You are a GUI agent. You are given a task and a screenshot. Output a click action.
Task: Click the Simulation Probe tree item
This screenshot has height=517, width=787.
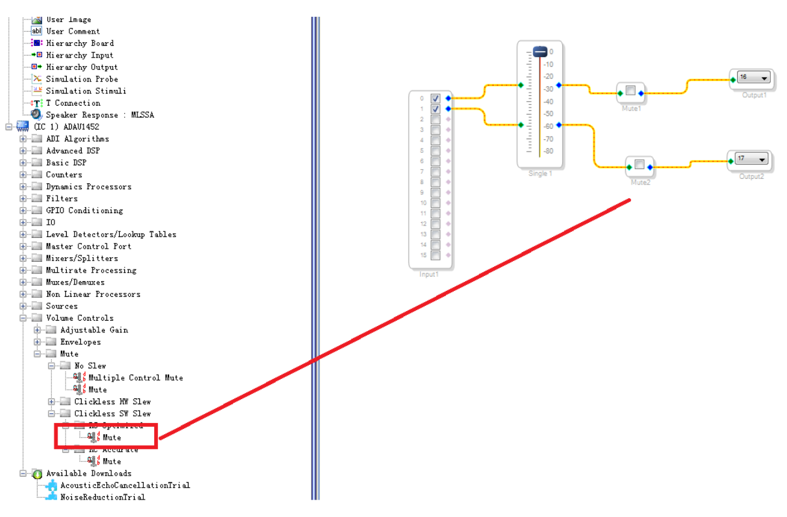pyautogui.click(x=82, y=79)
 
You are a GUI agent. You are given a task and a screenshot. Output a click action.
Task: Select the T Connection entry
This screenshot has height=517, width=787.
pyautogui.click(x=73, y=103)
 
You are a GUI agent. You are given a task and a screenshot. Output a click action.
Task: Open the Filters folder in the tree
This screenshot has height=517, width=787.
pyautogui.click(x=62, y=199)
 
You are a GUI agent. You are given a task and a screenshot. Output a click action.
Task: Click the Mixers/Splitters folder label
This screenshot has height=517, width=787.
pyautogui.click(x=82, y=258)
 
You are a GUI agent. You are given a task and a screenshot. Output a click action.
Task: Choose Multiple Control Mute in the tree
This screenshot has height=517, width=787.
pyautogui.click(x=135, y=378)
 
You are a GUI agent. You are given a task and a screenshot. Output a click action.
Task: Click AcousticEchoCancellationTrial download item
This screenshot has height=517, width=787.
pyautogui.click(x=125, y=485)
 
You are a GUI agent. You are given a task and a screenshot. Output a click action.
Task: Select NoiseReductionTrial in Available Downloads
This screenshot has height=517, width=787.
pyautogui.click(x=102, y=497)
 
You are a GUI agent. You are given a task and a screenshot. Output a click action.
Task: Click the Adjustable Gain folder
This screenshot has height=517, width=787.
pyautogui.click(x=94, y=330)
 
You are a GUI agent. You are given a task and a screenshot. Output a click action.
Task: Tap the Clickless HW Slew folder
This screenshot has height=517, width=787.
pyautogui.click(x=112, y=402)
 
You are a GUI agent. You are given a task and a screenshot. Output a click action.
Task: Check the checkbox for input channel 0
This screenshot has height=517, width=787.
pyautogui.click(x=436, y=98)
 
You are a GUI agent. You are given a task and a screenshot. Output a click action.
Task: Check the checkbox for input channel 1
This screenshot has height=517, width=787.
pyautogui.click(x=436, y=109)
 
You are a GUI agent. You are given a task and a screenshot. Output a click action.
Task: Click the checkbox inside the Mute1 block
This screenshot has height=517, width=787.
pyautogui.click(x=630, y=91)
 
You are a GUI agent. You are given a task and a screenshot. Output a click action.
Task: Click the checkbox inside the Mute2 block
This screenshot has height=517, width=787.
pyautogui.click(x=639, y=165)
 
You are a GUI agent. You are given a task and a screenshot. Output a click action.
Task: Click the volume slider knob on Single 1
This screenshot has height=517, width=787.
pyautogui.click(x=540, y=52)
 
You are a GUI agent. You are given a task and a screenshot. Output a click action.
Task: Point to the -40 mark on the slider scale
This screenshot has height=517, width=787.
pyautogui.click(x=548, y=102)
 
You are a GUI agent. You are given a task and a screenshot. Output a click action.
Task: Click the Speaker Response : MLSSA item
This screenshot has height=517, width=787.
pyautogui.click(x=100, y=115)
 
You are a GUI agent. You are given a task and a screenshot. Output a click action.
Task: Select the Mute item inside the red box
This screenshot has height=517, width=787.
pyautogui.click(x=111, y=438)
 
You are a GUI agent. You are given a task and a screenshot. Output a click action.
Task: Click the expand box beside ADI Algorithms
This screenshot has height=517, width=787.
pyautogui.click(x=23, y=139)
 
